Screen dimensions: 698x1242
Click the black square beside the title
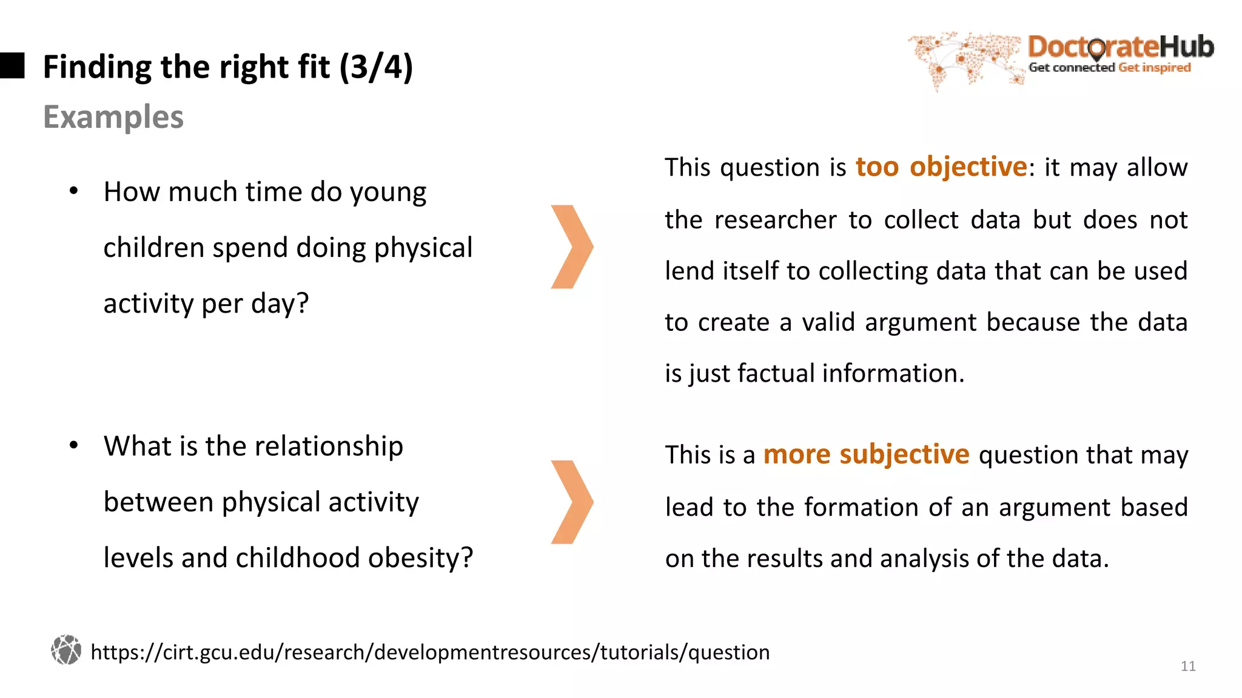[x=12, y=65]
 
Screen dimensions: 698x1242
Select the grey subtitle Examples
[x=113, y=117]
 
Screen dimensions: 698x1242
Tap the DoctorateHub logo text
[x=1121, y=47]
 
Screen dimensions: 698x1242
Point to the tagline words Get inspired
[x=1155, y=68]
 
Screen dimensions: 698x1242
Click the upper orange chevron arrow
[x=571, y=247]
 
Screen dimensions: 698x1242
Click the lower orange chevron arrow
[x=571, y=502]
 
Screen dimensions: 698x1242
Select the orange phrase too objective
[x=941, y=167]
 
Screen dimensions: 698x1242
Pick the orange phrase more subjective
[x=866, y=454]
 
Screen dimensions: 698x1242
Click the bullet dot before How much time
[x=74, y=191]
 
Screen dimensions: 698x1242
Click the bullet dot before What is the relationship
[x=74, y=446]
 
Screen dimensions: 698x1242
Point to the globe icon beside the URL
[x=66, y=650]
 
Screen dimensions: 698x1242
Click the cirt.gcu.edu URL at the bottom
[x=430, y=653]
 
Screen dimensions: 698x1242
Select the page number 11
[x=1187, y=666]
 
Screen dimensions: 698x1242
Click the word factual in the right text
[x=776, y=374]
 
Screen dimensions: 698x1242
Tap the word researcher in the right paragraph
[x=776, y=220]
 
